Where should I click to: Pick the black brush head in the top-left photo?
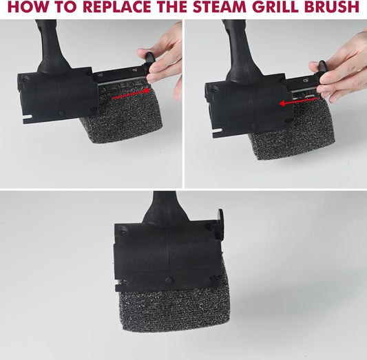coord(59,94)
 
